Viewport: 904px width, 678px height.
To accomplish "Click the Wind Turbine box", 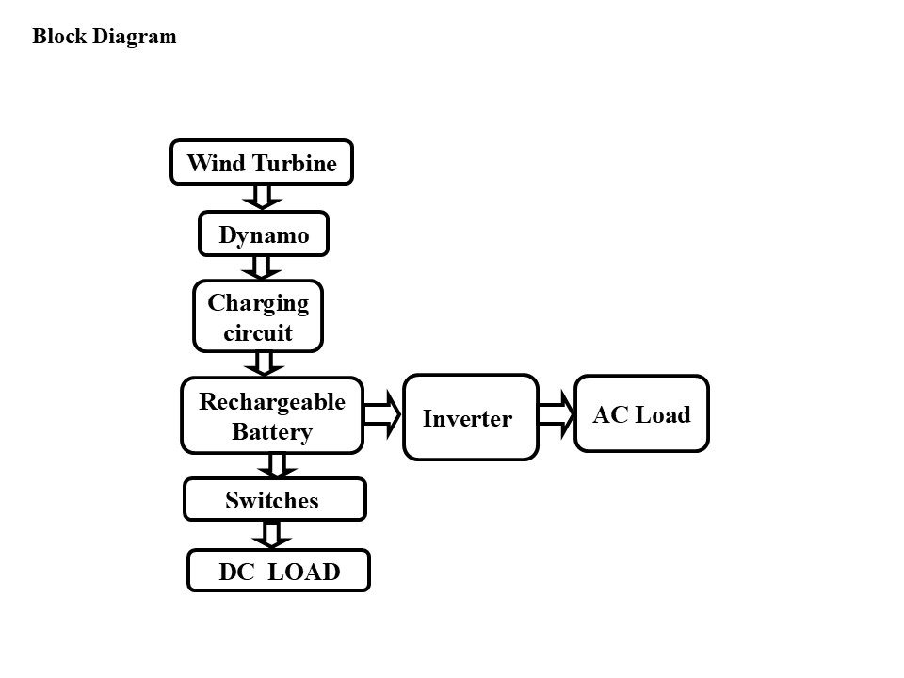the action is (x=261, y=163).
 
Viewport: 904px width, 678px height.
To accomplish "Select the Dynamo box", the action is (x=264, y=234).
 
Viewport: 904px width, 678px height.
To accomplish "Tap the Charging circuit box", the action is (x=258, y=316).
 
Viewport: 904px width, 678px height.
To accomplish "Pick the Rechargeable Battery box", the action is (x=272, y=415).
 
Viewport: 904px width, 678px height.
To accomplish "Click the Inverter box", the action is (x=471, y=417).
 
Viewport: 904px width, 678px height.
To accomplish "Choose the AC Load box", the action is (x=641, y=413).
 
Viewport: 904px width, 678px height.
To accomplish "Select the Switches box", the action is (x=275, y=499).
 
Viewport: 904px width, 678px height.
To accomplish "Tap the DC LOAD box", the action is (x=279, y=571).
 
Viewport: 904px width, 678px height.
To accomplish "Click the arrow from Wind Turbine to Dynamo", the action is (x=263, y=197).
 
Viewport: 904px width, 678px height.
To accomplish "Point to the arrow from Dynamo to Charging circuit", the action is (x=261, y=268).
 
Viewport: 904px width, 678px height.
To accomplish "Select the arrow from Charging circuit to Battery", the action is (x=264, y=364).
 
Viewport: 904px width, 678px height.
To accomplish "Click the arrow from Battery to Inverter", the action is (x=382, y=414).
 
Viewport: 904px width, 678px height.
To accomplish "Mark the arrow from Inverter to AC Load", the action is (x=557, y=414).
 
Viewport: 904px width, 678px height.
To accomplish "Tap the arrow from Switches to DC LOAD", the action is (x=271, y=535).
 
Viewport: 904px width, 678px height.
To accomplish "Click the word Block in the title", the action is (x=58, y=36).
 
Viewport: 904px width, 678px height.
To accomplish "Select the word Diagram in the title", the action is (x=135, y=37).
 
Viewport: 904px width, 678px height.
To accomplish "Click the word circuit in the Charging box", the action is (x=258, y=332).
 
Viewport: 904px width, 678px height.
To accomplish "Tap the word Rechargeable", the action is (x=272, y=402).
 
